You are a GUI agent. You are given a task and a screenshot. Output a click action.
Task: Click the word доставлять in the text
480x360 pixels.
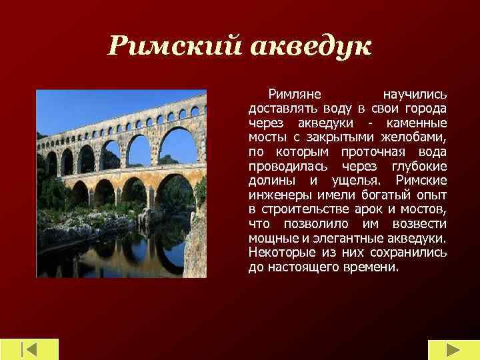tap(284, 109)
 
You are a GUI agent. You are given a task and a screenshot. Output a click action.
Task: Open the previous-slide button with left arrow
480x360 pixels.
tap(30, 350)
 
